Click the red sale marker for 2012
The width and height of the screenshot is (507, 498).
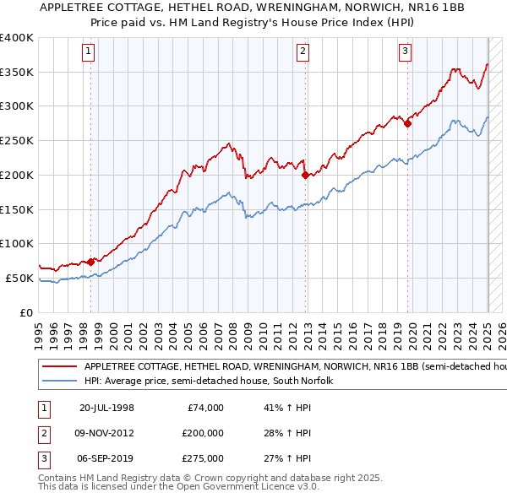point(305,176)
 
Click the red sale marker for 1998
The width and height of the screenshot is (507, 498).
point(90,262)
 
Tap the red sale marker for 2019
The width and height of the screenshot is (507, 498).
point(407,123)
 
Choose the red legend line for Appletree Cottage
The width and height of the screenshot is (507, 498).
point(59,367)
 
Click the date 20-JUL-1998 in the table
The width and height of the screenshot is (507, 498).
point(106,408)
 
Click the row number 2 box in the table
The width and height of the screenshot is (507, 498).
point(41,434)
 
